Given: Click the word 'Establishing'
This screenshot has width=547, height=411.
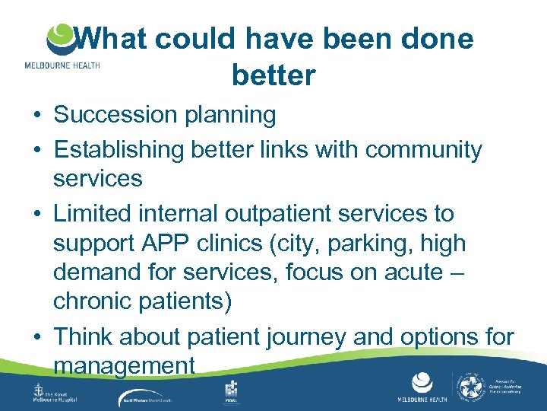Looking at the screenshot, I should click(x=119, y=150).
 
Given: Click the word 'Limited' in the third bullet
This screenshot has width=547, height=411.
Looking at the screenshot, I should click(x=90, y=214).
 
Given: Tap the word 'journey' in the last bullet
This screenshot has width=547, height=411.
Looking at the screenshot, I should click(x=335, y=336).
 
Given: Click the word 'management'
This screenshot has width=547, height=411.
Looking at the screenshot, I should click(x=125, y=366).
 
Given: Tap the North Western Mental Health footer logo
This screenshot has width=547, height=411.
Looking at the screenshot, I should click(x=156, y=397).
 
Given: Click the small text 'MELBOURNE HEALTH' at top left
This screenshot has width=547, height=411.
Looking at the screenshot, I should click(x=62, y=65).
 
